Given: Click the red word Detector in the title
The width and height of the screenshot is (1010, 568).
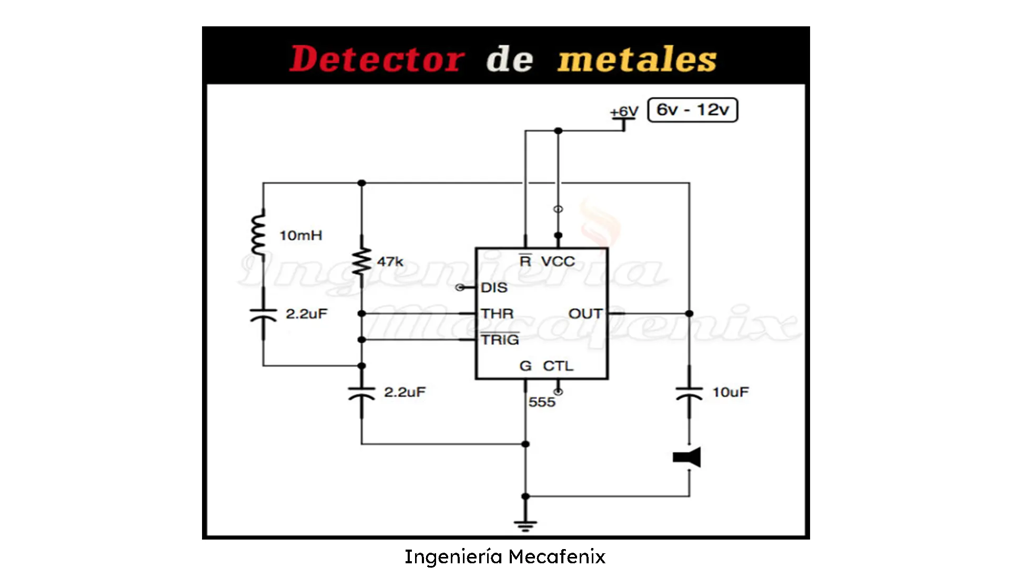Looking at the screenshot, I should [377, 59].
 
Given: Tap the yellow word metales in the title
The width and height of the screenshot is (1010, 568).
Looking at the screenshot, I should [637, 59].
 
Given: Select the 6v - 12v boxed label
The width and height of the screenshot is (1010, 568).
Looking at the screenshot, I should [692, 110].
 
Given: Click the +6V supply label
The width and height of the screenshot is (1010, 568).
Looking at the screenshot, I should [624, 111].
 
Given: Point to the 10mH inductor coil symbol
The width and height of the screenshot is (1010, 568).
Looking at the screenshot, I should [258, 235].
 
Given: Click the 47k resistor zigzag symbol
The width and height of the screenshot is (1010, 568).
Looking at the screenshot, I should [362, 261].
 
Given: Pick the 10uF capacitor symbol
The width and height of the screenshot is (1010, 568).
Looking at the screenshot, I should [689, 392].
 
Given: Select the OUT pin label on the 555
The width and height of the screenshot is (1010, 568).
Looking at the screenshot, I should [585, 314].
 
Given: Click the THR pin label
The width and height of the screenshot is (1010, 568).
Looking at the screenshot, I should [497, 314].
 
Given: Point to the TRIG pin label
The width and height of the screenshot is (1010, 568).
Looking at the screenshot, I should [500, 340].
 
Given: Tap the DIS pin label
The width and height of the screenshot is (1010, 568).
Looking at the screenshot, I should [494, 288].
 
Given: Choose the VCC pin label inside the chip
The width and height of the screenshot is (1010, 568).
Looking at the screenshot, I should [558, 261].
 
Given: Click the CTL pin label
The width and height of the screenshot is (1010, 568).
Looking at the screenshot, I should [558, 366].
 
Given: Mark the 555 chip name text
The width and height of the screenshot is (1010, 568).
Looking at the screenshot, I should [542, 402].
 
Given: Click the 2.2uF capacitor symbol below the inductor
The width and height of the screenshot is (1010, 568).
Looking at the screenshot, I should [263, 314].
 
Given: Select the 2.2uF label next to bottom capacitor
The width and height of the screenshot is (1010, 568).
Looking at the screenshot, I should [405, 392].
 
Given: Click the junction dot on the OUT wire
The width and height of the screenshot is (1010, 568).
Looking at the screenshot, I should [689, 313].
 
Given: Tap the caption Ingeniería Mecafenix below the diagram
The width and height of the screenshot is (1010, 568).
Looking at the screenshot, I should [505, 556].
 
